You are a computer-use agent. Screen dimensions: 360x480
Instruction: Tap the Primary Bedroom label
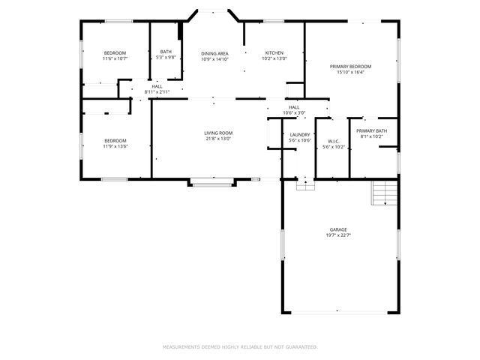pos(351,66)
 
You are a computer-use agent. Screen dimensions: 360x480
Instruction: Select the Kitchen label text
pos(274,52)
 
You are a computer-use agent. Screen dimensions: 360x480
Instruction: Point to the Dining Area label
pos(214,52)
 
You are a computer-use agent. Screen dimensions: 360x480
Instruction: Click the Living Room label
pos(218,133)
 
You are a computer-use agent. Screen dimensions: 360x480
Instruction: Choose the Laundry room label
pos(300,134)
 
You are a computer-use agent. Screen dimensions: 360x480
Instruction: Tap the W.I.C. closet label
pos(334,141)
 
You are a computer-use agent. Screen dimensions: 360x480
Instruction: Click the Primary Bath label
pos(373,131)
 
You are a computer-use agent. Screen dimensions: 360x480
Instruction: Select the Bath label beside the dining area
pos(166,52)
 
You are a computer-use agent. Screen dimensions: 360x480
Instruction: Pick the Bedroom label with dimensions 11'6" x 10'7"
pos(115,52)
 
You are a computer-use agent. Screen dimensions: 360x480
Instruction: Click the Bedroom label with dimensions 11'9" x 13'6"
pos(115,140)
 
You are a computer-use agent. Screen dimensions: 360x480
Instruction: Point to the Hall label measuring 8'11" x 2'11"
pos(157,86)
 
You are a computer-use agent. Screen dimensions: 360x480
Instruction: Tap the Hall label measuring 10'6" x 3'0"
pos(293,107)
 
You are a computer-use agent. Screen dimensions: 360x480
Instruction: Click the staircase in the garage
pos(384,194)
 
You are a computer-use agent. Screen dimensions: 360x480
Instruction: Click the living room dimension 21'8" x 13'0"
pos(218,139)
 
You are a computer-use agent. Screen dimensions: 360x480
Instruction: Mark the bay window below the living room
pos(212,181)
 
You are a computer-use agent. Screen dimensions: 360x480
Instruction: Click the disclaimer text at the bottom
pos(240,347)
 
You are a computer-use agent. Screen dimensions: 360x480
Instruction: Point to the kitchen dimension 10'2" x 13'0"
pos(274,58)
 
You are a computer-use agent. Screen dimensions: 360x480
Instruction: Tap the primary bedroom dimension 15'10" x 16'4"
pos(351,72)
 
